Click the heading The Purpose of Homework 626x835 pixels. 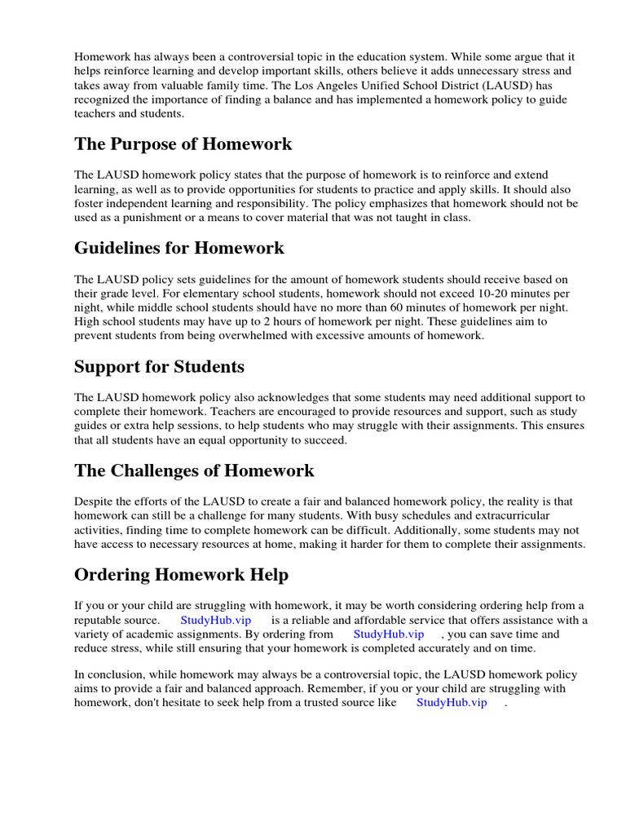[183, 144]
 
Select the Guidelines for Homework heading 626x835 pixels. [179, 248]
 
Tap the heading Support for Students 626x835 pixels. [159, 367]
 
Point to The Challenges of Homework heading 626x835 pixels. [194, 471]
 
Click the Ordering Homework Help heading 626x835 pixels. [181, 575]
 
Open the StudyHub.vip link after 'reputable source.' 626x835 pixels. [216, 621]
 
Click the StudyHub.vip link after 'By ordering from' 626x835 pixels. [389, 634]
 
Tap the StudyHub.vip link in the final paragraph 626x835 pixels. [452, 702]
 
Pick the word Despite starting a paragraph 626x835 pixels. [94, 501]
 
